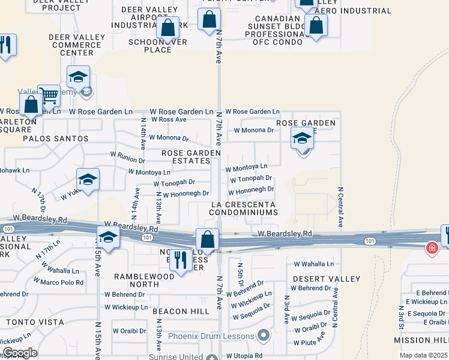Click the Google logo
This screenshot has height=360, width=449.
[x=20, y=353]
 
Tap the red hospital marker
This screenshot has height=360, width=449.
[x=431, y=248]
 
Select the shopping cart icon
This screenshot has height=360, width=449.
[x=49, y=95]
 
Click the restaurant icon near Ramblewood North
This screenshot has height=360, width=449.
[x=179, y=259]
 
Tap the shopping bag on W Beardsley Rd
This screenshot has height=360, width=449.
[x=207, y=239]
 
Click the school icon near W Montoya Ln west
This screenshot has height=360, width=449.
[x=88, y=179]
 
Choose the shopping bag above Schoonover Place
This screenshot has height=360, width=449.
[x=169, y=27]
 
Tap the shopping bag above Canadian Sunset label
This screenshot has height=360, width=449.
[x=316, y=25]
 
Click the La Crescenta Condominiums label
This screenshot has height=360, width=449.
[x=243, y=209]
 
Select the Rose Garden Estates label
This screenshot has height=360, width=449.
[x=191, y=157]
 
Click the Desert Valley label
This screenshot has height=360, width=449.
[x=327, y=279]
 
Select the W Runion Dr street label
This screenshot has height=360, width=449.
[x=127, y=161]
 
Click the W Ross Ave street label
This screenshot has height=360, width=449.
[x=169, y=120]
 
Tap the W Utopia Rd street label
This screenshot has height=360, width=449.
[x=245, y=356]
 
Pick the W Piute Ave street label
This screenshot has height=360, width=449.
[x=310, y=343]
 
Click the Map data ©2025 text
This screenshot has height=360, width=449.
[x=423, y=355]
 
